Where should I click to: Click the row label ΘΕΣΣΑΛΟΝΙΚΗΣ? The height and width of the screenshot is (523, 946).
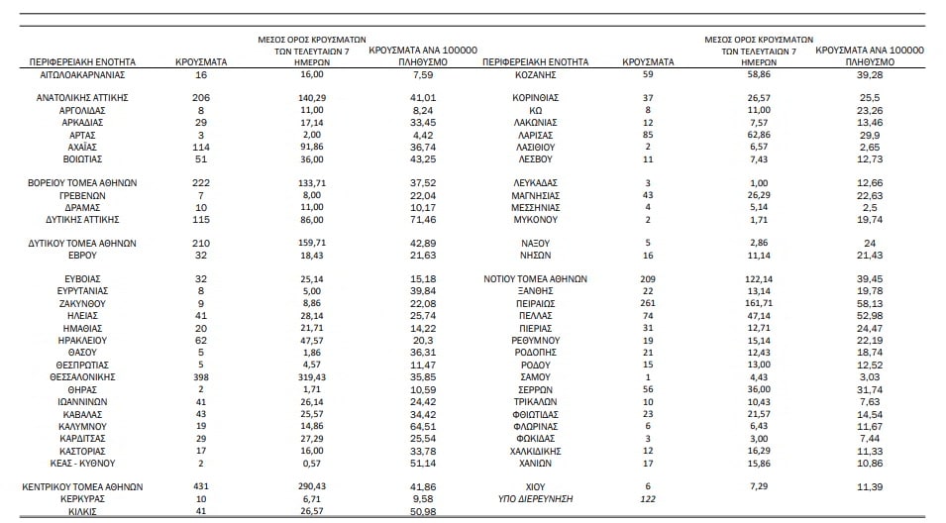pyautogui.click(x=82, y=377)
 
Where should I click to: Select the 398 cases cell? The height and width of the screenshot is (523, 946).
pyautogui.click(x=201, y=377)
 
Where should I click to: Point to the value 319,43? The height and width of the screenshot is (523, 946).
pyautogui.click(x=312, y=377)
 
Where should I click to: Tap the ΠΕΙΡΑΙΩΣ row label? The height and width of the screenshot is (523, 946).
pyautogui.click(x=535, y=303)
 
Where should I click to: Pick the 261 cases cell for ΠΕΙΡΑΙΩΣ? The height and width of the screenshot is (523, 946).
pyautogui.click(x=648, y=303)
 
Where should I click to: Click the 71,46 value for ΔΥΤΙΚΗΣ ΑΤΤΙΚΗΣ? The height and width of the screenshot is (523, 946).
pyautogui.click(x=422, y=220)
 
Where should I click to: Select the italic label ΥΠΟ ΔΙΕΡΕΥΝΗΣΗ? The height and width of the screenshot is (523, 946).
pyautogui.click(x=535, y=499)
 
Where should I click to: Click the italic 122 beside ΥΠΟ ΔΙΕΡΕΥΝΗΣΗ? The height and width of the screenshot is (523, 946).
pyautogui.click(x=648, y=499)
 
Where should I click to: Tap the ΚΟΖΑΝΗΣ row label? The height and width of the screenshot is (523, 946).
pyautogui.click(x=535, y=75)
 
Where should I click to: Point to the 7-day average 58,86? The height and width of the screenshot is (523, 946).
pyautogui.click(x=759, y=74)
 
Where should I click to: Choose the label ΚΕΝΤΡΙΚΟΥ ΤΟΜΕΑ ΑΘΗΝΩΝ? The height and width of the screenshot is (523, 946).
pyautogui.click(x=82, y=486)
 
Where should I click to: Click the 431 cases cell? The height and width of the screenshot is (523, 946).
pyautogui.click(x=201, y=486)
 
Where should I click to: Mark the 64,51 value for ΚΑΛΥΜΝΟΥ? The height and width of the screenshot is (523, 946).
pyautogui.click(x=422, y=427)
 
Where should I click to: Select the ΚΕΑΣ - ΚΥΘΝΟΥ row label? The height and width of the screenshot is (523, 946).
pyautogui.click(x=82, y=464)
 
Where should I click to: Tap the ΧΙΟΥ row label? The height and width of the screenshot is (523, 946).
pyautogui.click(x=535, y=486)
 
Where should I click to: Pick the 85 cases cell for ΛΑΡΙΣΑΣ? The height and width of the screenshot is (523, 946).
pyautogui.click(x=648, y=135)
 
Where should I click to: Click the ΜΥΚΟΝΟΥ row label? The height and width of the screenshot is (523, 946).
pyautogui.click(x=535, y=220)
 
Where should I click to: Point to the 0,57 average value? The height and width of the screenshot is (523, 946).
pyautogui.click(x=312, y=464)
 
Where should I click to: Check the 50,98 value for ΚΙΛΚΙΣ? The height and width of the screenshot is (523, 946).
pyautogui.click(x=422, y=511)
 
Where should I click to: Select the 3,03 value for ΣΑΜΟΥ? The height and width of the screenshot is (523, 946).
pyautogui.click(x=870, y=377)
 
